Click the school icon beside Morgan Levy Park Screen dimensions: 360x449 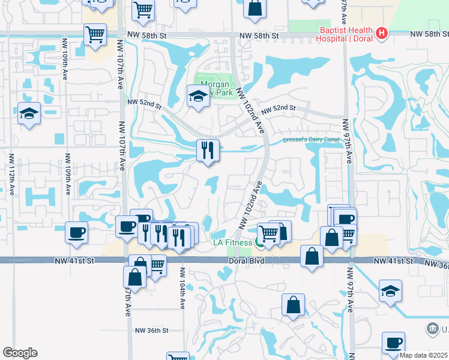197,95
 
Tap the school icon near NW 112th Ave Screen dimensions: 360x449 29,113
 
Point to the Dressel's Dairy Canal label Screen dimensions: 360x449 311,140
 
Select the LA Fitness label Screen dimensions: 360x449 233,242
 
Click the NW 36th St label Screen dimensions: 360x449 151,331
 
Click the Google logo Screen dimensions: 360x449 20,353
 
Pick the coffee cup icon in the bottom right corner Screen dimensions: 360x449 394,342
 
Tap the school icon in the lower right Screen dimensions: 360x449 391,290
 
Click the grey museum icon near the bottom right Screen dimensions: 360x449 432,328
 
